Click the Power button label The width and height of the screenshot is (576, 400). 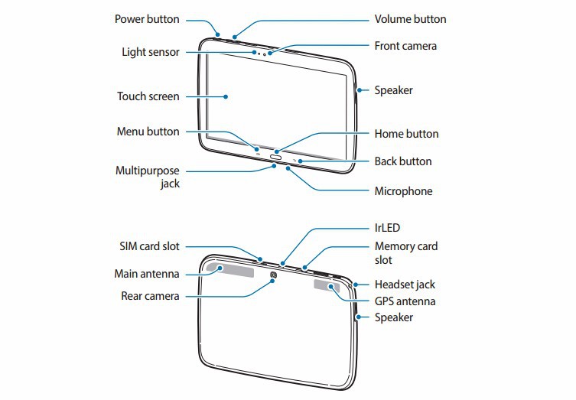tap(147, 19)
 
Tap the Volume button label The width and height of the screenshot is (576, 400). tap(410, 19)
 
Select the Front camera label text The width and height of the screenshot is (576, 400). tap(405, 46)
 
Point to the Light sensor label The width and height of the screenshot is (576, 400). tap(151, 53)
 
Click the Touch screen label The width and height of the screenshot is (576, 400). tap(148, 96)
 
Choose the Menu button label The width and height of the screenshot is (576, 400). tap(148, 132)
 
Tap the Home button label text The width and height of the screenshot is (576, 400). tap(406, 134)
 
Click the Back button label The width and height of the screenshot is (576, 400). tap(403, 161)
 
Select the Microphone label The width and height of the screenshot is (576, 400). tap(403, 191)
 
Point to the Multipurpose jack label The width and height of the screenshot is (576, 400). tap(148, 177)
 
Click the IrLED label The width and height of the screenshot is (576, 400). tap(387, 228)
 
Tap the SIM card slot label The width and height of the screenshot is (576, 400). tap(149, 246)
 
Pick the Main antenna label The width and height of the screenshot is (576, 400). tap(147, 273)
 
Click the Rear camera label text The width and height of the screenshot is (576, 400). tap(150, 295)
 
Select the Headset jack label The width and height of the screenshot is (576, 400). tap(405, 285)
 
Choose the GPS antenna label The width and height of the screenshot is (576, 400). tap(405, 301)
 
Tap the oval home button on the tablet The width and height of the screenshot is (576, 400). tap(276, 159)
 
